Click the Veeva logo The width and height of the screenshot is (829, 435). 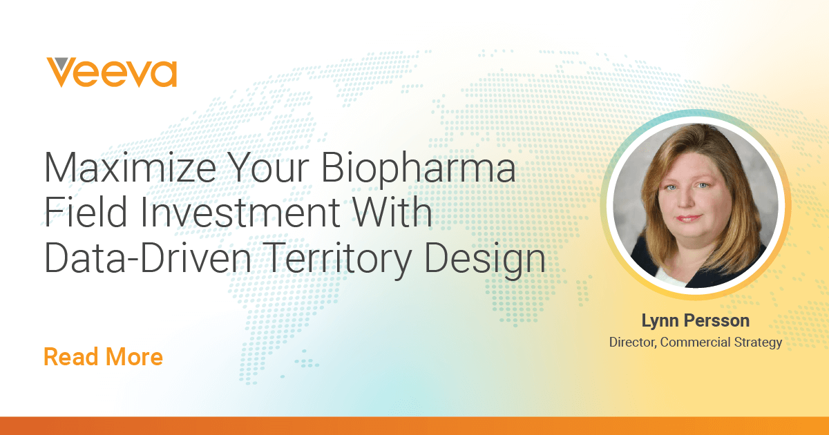point(111,72)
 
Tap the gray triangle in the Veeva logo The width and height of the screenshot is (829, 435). point(61,64)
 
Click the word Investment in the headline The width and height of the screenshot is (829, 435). point(240,211)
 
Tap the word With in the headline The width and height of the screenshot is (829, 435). point(393,211)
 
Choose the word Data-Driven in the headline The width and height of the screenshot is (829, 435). point(148,257)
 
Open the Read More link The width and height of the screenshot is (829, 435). point(103,356)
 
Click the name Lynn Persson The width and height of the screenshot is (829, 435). point(696,321)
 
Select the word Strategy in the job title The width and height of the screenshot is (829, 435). point(758,343)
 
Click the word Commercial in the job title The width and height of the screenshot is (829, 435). point(696,342)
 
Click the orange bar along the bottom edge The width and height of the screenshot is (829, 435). point(414,426)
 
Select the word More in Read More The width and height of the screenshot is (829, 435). point(134,356)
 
